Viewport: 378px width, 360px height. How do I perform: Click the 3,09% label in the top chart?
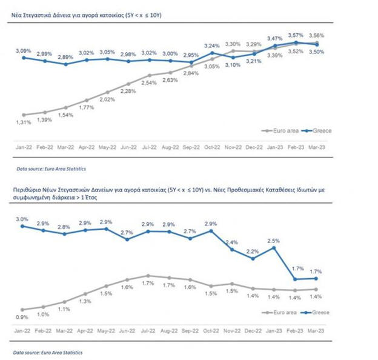tap(24, 49)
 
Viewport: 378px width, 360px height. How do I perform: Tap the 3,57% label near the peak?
tap(296, 36)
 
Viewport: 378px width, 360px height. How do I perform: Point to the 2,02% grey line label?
tap(107, 100)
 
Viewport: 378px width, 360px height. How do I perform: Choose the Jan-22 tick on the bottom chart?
tap(24, 331)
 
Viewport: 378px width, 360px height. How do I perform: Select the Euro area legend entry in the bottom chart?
tap(280, 313)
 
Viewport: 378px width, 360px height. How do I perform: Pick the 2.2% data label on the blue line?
tap(253, 251)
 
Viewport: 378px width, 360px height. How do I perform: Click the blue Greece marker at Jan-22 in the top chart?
tap(24, 58)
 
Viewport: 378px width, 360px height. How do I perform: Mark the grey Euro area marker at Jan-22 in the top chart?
tap(24, 115)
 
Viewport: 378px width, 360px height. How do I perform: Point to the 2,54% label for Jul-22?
tap(149, 82)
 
